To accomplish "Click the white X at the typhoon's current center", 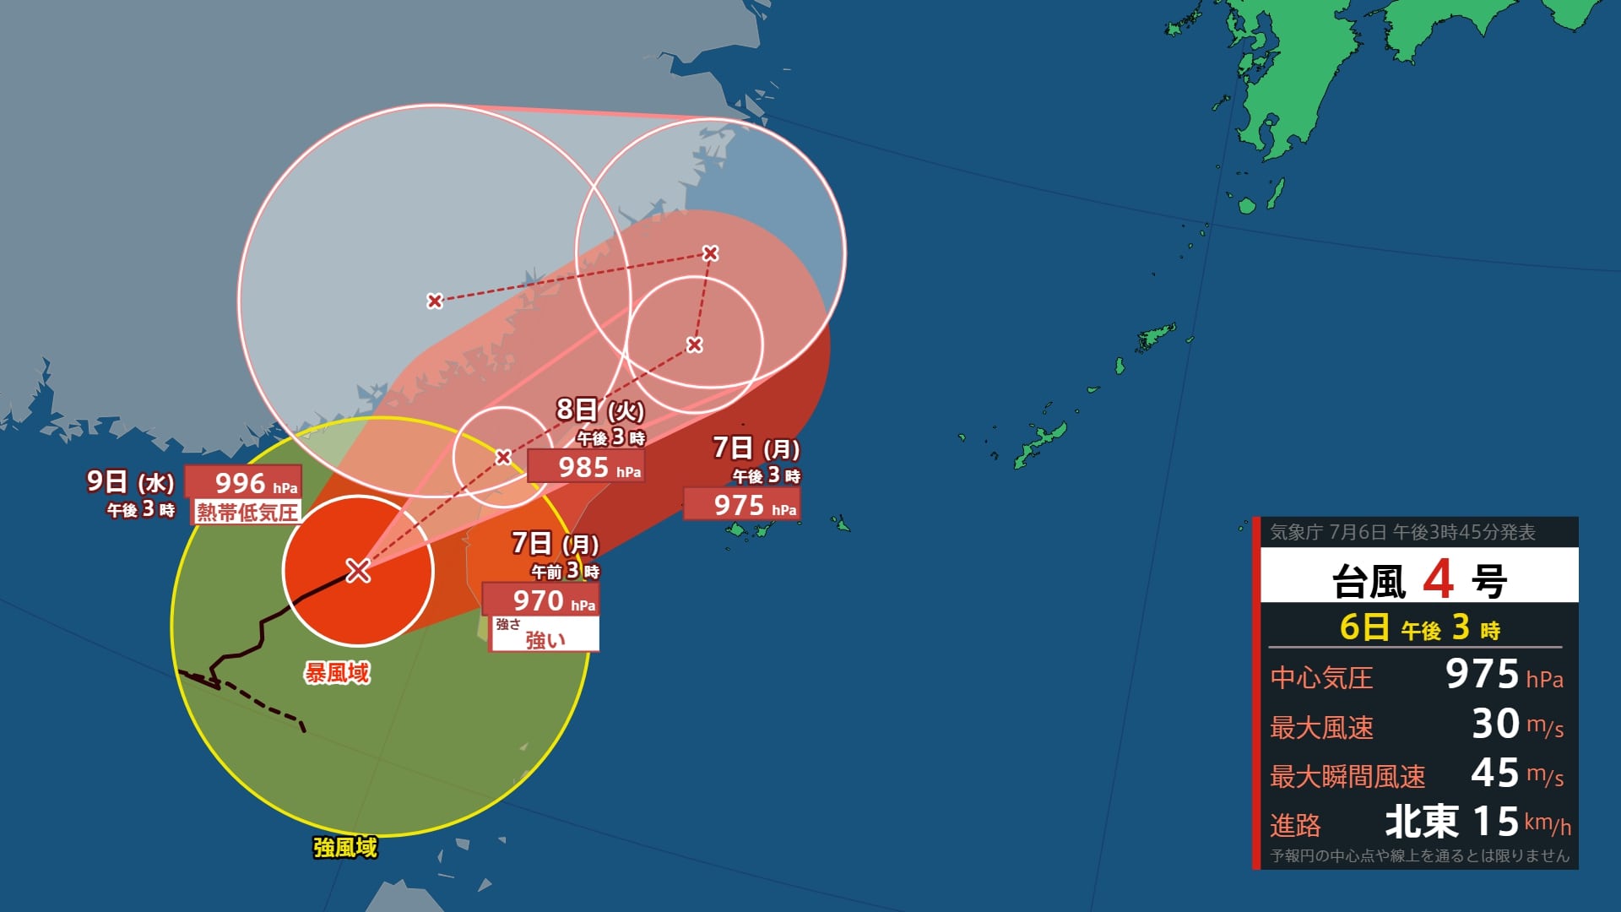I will [x=358, y=571].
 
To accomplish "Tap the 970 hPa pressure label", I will [x=540, y=600].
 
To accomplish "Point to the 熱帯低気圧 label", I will [x=247, y=512].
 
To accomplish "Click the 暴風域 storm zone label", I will [x=337, y=672].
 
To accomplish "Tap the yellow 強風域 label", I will [x=344, y=847].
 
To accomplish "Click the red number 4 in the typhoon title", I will [x=1438, y=580].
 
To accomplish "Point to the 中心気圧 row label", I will [x=1321, y=677].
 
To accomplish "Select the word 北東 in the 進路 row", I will [x=1422, y=821].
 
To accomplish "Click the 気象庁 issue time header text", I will [x=1402, y=532].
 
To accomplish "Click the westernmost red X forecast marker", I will [x=434, y=301].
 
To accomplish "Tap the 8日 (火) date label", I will [x=599, y=410].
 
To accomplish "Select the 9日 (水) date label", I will [x=130, y=482].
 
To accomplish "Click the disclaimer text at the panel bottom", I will [x=1419, y=855].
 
